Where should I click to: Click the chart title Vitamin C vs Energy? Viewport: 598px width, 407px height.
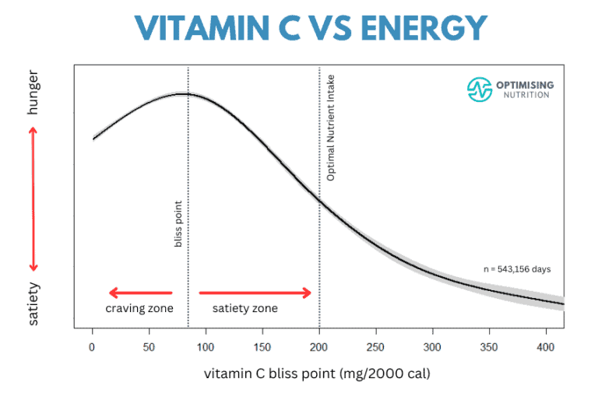299,29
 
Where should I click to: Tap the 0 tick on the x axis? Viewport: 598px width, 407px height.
93,346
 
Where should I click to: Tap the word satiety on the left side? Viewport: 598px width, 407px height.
33,303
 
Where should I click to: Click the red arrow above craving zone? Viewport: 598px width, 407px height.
140,293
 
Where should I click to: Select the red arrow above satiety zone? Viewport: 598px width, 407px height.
255,293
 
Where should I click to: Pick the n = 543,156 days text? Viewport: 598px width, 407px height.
517,269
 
